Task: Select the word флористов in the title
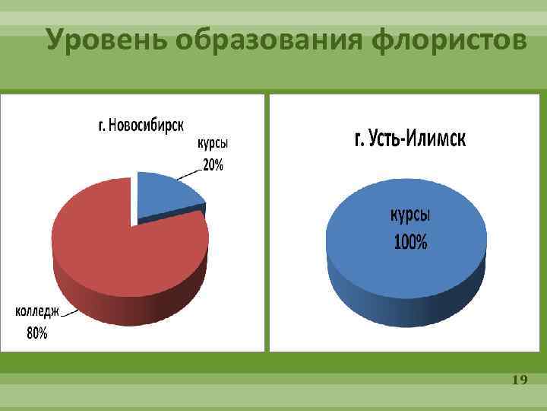[450, 40]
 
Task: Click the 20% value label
[213, 165]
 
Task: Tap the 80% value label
[37, 333]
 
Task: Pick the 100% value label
[410, 243]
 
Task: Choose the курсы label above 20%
[213, 144]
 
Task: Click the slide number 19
[520, 379]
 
